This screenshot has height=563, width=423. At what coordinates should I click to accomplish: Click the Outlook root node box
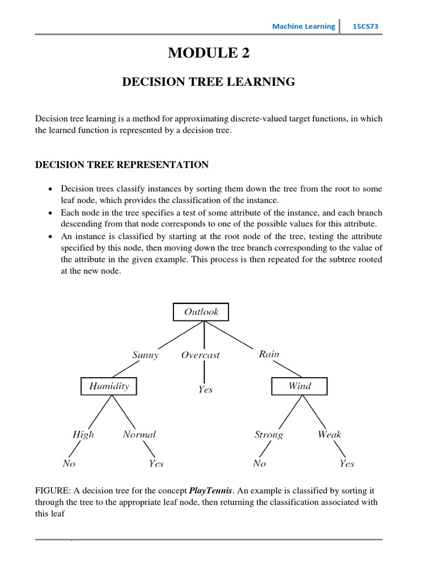click(201, 312)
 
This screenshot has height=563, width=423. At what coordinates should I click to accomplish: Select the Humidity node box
click(109, 386)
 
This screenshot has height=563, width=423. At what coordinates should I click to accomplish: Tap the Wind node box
click(300, 386)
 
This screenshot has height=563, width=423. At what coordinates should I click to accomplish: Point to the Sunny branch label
click(145, 355)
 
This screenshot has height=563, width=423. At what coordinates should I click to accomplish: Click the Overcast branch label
click(200, 355)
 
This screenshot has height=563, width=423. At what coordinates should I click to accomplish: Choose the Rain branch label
click(269, 354)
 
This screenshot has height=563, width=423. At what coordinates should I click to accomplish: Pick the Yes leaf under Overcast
click(205, 390)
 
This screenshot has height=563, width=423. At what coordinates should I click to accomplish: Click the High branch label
click(83, 435)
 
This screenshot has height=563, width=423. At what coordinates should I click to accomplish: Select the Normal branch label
click(139, 434)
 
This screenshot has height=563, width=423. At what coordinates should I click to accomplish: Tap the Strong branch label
click(269, 435)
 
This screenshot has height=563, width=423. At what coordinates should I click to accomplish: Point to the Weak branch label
click(329, 434)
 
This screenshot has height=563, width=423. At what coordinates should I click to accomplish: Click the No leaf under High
click(69, 463)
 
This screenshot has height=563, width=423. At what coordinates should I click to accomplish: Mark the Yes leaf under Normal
click(156, 463)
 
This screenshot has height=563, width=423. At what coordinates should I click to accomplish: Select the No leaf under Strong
click(259, 463)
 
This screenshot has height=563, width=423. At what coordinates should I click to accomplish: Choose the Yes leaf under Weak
click(347, 463)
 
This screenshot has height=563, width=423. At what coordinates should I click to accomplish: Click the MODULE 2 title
click(209, 53)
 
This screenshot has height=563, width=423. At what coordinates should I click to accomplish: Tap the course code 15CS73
click(365, 26)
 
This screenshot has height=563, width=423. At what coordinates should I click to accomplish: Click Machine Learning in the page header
click(304, 26)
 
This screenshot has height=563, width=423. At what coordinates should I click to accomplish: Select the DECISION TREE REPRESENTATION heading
click(122, 164)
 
